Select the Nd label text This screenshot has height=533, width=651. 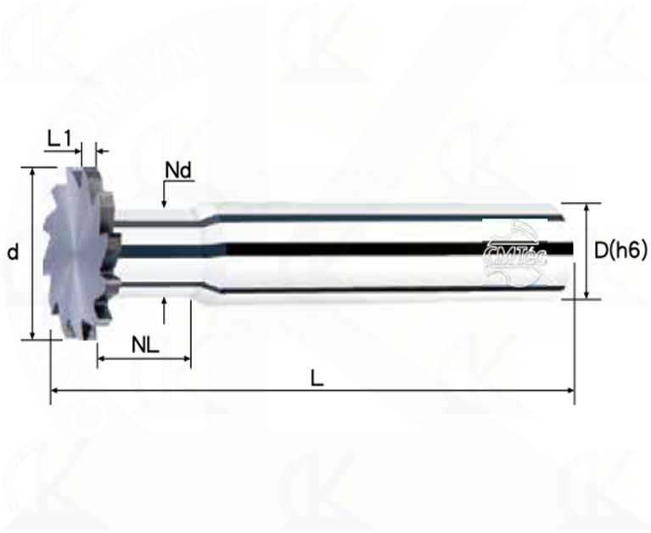[178, 170]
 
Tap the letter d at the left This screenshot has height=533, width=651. [12, 252]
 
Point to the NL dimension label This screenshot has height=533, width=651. [145, 344]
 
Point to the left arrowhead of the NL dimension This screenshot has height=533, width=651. [103, 360]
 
